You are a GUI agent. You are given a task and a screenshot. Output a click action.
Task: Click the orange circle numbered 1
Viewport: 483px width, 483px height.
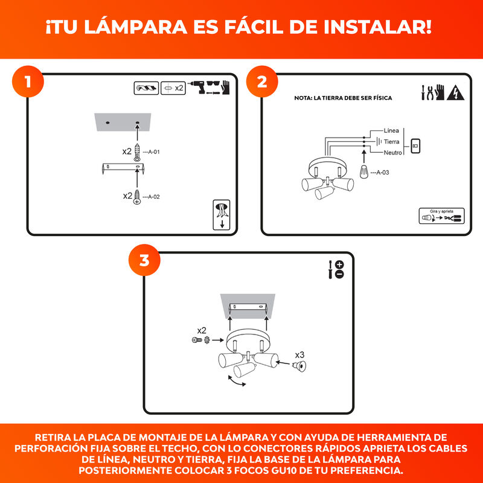click(28, 82)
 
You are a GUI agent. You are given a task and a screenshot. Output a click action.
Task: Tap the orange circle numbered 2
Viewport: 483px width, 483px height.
click(262, 82)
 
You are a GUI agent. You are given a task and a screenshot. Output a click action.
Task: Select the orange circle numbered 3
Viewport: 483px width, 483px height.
click(144, 260)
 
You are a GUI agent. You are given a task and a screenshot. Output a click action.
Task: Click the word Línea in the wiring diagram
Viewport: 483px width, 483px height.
click(391, 130)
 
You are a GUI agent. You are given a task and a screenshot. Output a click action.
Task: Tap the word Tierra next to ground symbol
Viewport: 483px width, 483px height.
click(391, 142)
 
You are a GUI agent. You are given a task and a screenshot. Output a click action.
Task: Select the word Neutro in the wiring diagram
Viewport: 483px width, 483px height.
click(393, 153)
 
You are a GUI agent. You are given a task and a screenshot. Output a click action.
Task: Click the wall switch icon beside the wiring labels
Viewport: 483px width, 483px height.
click(415, 146)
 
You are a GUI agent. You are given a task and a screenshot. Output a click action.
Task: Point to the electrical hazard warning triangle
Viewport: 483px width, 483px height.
click(456, 93)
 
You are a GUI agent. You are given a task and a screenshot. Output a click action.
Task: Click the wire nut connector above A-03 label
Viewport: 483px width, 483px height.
click(364, 172)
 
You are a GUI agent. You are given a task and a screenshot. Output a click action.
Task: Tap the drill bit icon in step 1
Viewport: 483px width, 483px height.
click(146, 88)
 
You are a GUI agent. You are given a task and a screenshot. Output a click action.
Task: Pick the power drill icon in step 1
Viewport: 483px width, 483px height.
click(198, 87)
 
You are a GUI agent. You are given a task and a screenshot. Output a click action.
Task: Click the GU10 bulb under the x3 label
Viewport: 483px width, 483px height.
click(299, 366)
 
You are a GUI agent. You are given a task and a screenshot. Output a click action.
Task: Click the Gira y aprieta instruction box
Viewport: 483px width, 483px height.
click(441, 216)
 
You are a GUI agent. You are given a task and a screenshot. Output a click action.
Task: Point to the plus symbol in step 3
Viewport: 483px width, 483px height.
click(339, 264)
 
